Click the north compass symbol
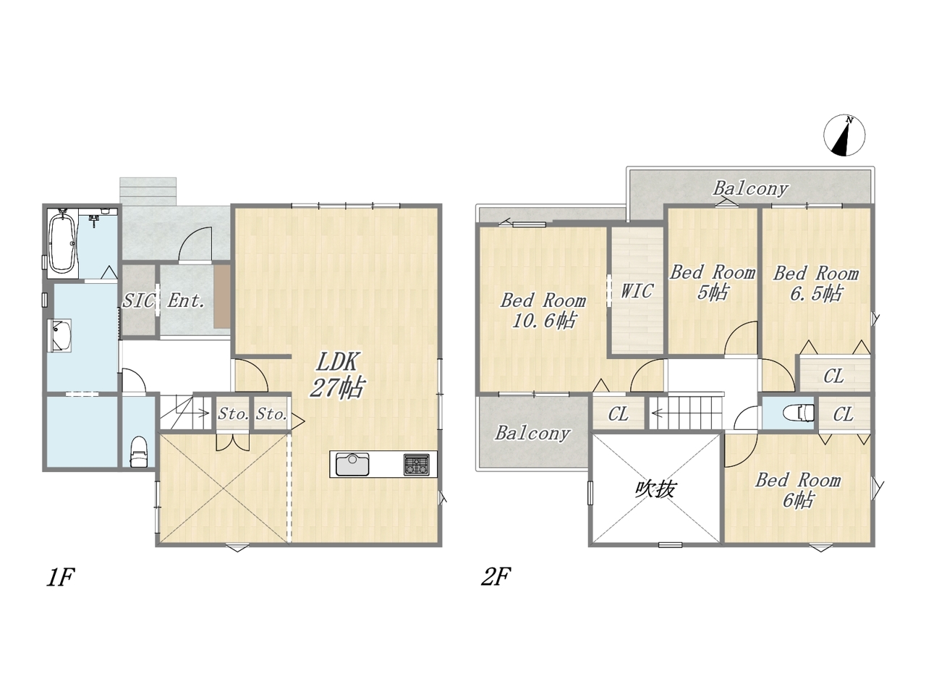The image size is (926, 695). point(844,135)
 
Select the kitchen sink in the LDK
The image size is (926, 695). point(352,464)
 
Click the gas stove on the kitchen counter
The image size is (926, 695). point(417,464)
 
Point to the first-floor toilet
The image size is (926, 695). point(138,452)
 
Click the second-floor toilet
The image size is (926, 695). point(798,413)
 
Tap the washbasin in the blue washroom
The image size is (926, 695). point(61,335)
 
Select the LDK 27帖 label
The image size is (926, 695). point(337,375)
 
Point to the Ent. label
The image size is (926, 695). point(186,301)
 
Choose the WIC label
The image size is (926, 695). point(637,291)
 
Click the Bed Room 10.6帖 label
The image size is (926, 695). point(543,311)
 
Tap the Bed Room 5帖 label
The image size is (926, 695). point(713,282)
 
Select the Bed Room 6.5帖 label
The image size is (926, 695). point(816,284)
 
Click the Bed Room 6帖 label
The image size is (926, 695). point(798,490)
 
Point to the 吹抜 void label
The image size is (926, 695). point(655,489)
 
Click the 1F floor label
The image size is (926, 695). point(60,577)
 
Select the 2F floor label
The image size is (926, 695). point(496,577)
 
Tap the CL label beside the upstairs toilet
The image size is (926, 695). point(844,414)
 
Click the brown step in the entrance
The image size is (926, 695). point(222,296)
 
